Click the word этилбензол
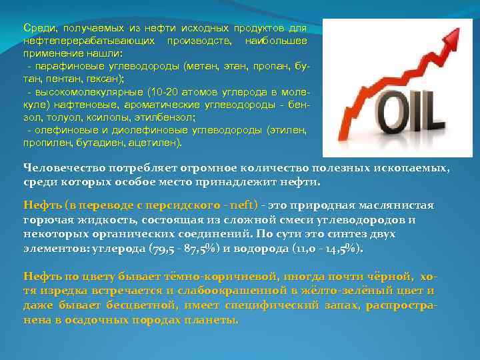169,116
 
